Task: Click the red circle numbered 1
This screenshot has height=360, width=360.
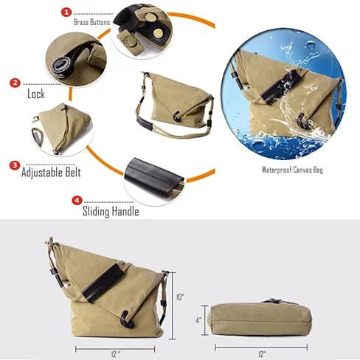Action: pos(66,12)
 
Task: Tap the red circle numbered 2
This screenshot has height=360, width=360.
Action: pos(15,83)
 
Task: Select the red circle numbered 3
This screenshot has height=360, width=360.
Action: pos(15,165)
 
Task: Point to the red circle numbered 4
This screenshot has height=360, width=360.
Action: pos(77,201)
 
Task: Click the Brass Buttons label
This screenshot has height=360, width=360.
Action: pos(91,22)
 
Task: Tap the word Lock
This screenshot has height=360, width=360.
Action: pos(36,94)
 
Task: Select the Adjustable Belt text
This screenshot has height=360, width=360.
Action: pos(51,172)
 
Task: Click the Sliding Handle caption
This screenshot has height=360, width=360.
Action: pos(111,212)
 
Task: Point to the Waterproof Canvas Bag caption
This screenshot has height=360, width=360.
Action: pos(292,170)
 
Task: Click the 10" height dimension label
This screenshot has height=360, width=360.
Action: pos(180,297)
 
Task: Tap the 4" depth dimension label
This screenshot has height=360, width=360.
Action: pos(198,320)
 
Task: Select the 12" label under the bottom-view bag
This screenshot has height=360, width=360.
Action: pos(262,354)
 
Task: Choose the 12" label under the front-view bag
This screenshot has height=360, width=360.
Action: pos(115,354)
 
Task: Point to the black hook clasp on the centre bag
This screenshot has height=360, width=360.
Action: pos(177,117)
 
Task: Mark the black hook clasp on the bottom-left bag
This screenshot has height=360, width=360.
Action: pos(127,319)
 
